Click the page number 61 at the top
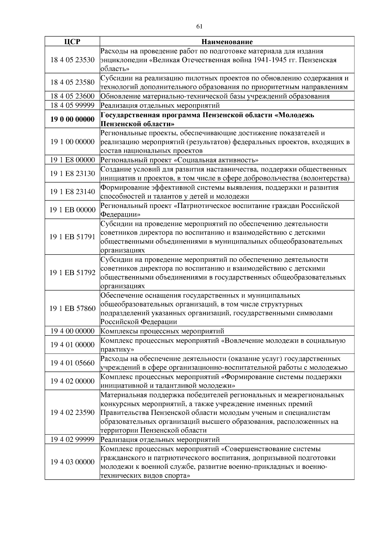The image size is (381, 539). click(x=199, y=26)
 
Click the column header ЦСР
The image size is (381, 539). click(x=72, y=42)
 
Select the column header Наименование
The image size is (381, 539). click(x=227, y=42)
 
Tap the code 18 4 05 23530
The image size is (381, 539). click(x=72, y=60)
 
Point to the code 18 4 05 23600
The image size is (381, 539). click(x=72, y=96)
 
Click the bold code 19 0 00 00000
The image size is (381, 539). click(x=72, y=119)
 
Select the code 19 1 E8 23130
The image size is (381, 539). click(x=72, y=173)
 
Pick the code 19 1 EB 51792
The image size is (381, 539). click(x=72, y=273)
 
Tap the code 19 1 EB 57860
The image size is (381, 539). click(x=72, y=309)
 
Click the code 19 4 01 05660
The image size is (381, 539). click(x=72, y=363)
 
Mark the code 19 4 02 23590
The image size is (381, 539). click(x=72, y=412)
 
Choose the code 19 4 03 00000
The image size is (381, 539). click(x=72, y=462)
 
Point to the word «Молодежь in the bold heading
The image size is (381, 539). click(x=294, y=115)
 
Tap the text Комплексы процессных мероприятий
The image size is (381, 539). click(x=162, y=331)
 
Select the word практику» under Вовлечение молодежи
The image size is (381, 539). click(x=117, y=349)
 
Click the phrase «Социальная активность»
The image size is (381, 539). click(x=216, y=160)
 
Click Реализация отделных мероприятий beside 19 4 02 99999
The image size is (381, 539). click(x=160, y=440)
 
